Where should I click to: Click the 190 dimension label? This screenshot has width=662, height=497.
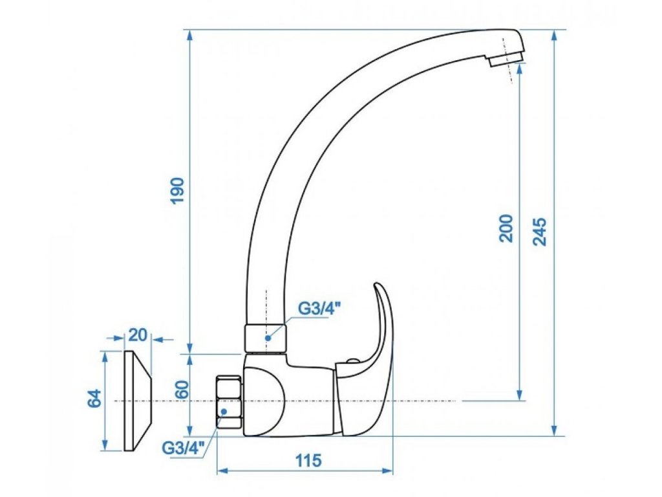(x=178, y=191)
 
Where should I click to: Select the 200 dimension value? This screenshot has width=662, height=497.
(x=506, y=228)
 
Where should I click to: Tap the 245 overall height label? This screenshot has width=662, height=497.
(x=540, y=232)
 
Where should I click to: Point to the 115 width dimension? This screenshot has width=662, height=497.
(x=308, y=460)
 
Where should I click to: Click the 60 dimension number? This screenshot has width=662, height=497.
(x=182, y=390)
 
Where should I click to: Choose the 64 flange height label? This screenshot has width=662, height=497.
(x=95, y=398)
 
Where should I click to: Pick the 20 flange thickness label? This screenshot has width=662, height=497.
(x=138, y=335)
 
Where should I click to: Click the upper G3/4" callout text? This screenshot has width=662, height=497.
(x=319, y=309)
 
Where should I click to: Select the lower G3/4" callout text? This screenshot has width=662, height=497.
(x=184, y=448)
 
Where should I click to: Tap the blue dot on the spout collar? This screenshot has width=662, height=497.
(x=267, y=338)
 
